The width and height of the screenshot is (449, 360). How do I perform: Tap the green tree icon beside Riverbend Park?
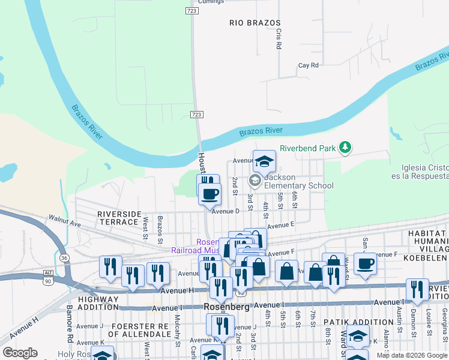click(345, 147)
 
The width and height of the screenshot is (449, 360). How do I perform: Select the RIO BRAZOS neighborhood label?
click(255, 23)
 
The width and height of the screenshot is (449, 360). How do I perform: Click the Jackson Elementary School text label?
click(298, 181)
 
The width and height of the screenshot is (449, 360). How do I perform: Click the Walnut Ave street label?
click(64, 222)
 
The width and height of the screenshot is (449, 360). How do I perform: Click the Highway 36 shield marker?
click(64, 257)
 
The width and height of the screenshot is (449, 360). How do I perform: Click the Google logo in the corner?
click(20, 353)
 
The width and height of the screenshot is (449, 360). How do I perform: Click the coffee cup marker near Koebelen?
click(365, 263)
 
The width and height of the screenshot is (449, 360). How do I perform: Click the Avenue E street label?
click(280, 226)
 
